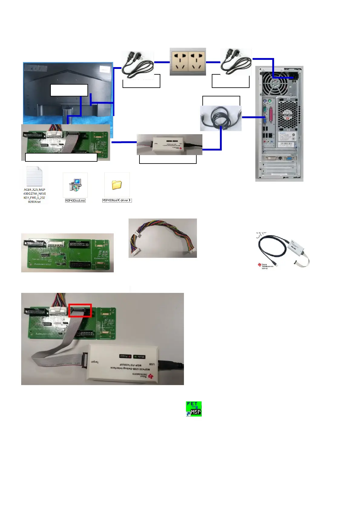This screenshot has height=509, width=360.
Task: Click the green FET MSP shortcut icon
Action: [194, 409]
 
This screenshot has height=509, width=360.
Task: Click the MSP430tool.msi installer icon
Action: [75, 185]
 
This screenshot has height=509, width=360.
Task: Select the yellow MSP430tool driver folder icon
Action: [117, 185]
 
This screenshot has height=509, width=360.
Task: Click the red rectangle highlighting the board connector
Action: [80, 310]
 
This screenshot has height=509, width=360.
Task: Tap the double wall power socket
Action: [188, 62]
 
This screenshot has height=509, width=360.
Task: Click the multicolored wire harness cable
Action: [162, 238]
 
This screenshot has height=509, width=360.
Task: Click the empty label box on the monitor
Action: [69, 90]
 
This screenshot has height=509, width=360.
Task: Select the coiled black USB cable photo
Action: [221, 118]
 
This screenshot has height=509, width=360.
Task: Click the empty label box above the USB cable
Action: [221, 101]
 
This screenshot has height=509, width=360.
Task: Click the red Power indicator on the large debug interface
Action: [125, 356]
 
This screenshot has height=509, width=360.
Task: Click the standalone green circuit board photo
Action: [67, 253]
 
